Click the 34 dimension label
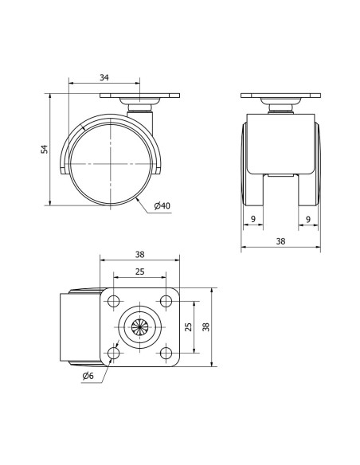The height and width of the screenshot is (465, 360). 104,78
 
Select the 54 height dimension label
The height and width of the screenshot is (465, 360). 44,149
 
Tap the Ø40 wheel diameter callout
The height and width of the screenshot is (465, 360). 162,205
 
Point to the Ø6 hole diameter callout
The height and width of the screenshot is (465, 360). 88,376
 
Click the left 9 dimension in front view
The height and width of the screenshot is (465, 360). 253,219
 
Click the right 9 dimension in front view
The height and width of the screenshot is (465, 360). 308,219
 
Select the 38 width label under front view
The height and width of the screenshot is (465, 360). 280,241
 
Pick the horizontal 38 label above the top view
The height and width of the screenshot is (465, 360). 139,255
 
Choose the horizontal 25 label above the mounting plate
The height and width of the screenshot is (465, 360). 139,272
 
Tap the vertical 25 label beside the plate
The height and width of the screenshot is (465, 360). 188,326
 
